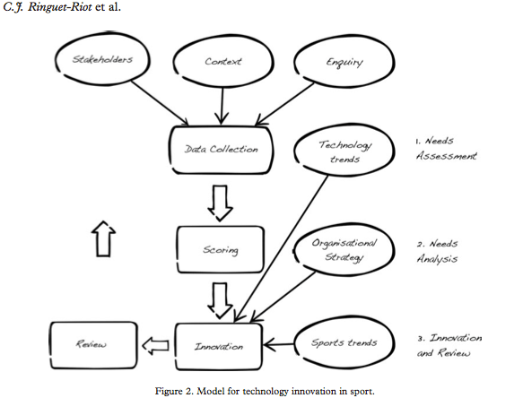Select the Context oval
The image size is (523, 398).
(223, 63)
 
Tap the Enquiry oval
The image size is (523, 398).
(338, 62)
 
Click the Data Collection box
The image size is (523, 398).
(220, 151)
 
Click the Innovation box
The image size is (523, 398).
(220, 345)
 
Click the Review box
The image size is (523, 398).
(87, 345)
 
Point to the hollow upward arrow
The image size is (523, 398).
(104, 241)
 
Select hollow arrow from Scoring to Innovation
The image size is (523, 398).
(220, 295)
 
